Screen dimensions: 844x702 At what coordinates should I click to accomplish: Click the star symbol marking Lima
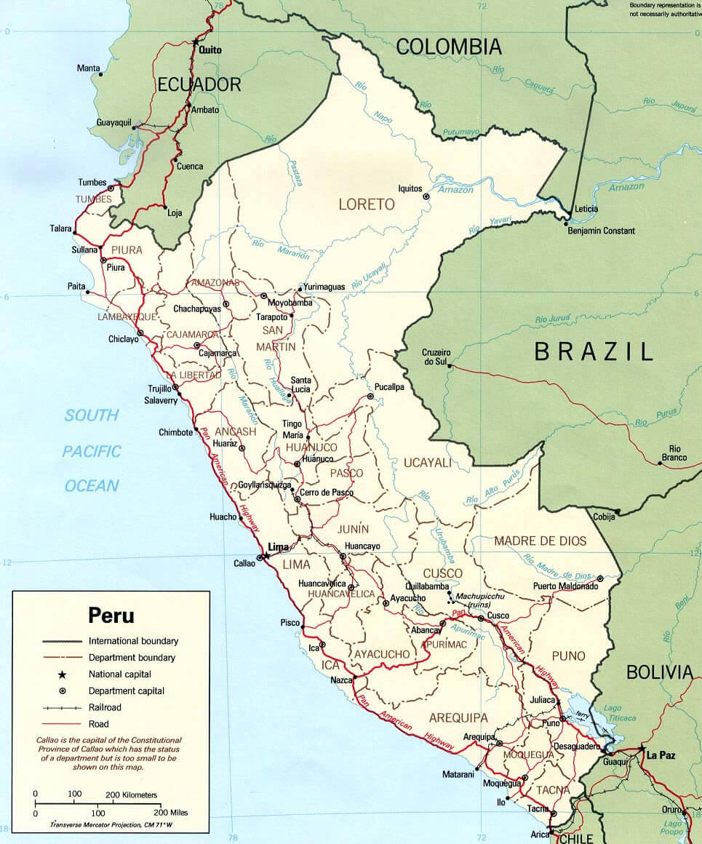tap(267, 555)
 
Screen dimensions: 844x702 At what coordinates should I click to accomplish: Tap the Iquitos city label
tap(410, 188)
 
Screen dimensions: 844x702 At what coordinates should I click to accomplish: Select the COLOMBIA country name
tap(449, 47)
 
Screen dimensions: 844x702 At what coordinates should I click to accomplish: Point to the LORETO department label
tap(367, 204)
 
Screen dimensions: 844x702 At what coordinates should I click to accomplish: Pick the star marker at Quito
tap(195, 41)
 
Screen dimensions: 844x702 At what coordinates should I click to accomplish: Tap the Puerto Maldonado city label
tap(565, 586)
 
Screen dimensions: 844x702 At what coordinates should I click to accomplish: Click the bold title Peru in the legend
tap(111, 616)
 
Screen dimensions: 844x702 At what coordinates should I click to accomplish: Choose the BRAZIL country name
tap(594, 352)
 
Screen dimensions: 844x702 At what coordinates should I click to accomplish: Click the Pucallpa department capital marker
tap(370, 397)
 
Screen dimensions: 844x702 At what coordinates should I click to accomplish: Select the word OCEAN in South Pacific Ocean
tap(92, 486)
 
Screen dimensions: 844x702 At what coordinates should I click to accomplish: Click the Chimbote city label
tap(175, 432)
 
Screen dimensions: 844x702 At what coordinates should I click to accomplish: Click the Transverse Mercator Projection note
tap(112, 825)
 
